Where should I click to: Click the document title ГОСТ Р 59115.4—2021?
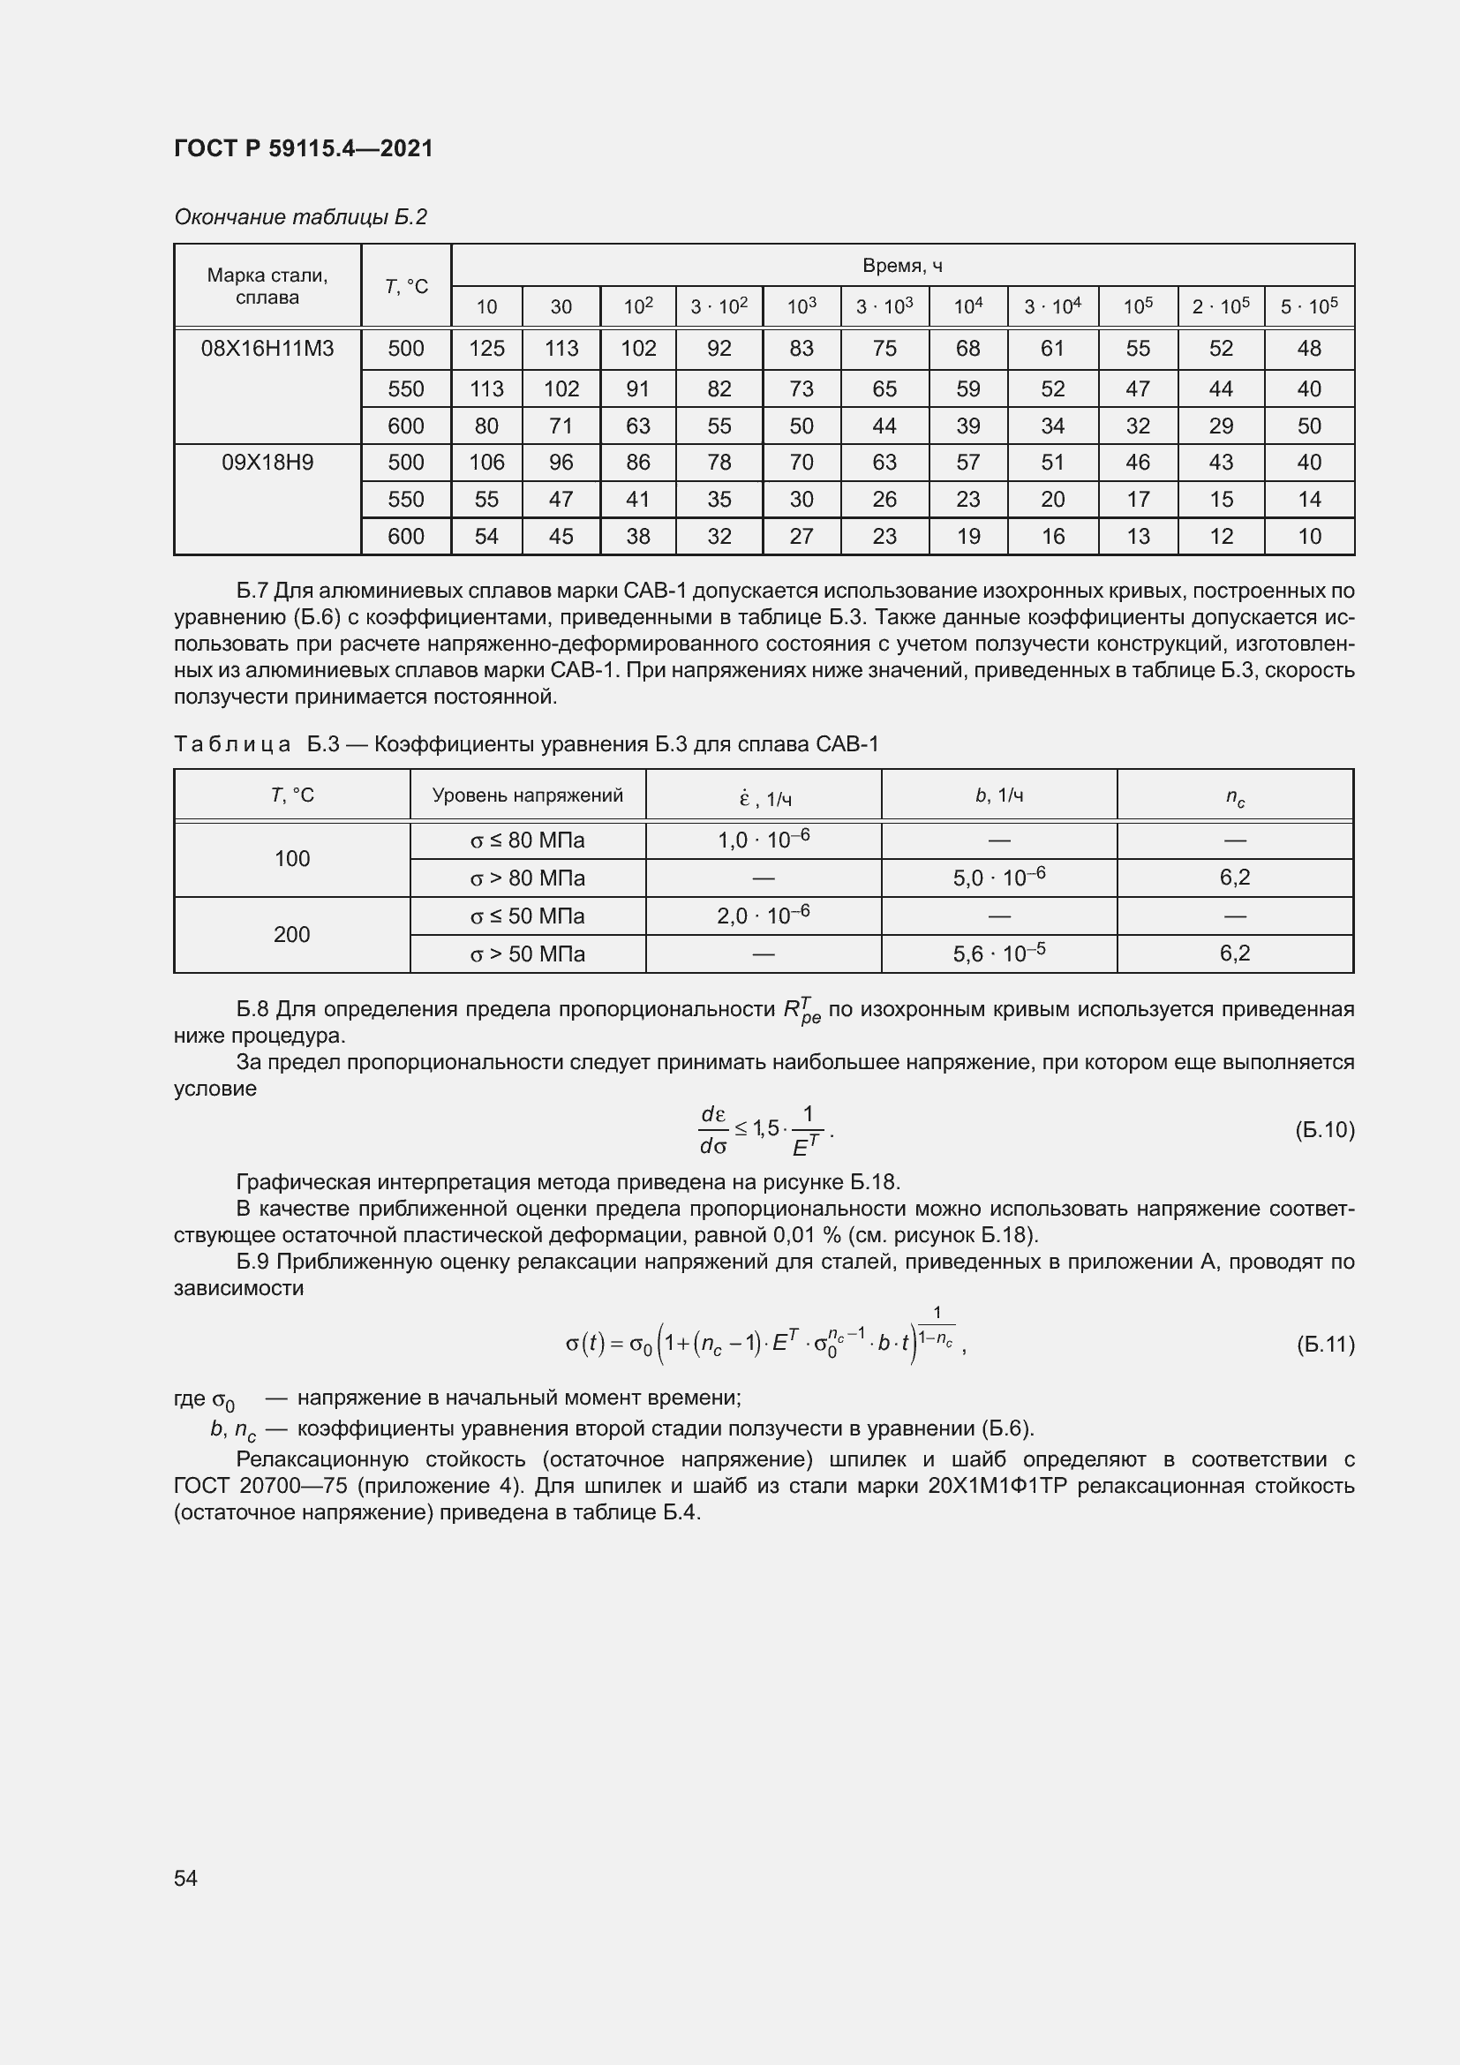coord(303,148)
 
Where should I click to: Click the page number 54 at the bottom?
coord(185,1878)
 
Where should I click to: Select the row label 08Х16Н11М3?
coord(267,349)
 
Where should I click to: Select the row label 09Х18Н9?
coord(267,463)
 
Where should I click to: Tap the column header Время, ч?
coord(902,266)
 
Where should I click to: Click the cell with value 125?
coord(486,349)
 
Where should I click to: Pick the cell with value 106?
coord(486,463)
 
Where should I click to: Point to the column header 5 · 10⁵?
coord(1308,306)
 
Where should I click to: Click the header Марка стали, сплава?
coord(267,286)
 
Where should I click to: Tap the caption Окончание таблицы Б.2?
coord(300,217)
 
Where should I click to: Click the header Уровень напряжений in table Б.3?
coord(528,795)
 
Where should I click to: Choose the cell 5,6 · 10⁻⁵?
coord(999,953)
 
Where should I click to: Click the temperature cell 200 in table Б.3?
coord(291,934)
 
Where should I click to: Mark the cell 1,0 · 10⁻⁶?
coord(764,840)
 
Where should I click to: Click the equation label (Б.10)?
coord(1324,1130)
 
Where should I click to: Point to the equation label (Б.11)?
coord(1324,1345)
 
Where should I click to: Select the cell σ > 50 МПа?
coord(528,954)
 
